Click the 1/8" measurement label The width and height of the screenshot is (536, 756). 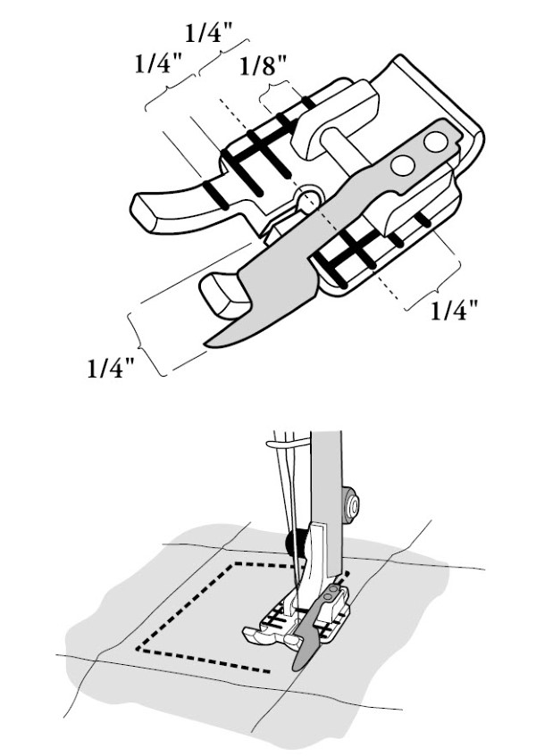(264, 66)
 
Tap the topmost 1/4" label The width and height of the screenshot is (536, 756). (209, 33)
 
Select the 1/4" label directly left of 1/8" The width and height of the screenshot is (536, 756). (159, 62)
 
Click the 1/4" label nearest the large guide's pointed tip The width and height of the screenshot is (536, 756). (111, 368)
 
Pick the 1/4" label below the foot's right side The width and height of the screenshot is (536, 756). (454, 311)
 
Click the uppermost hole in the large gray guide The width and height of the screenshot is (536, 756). (436, 141)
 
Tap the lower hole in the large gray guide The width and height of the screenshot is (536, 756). (403, 166)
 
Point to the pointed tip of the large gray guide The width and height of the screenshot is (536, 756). (205, 345)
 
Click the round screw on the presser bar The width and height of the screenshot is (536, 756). (351, 506)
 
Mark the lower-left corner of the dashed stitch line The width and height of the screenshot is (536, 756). (138, 648)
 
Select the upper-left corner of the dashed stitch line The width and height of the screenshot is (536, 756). (235, 563)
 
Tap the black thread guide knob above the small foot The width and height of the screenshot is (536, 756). (292, 542)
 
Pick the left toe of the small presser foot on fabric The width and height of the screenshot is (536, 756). (255, 635)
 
